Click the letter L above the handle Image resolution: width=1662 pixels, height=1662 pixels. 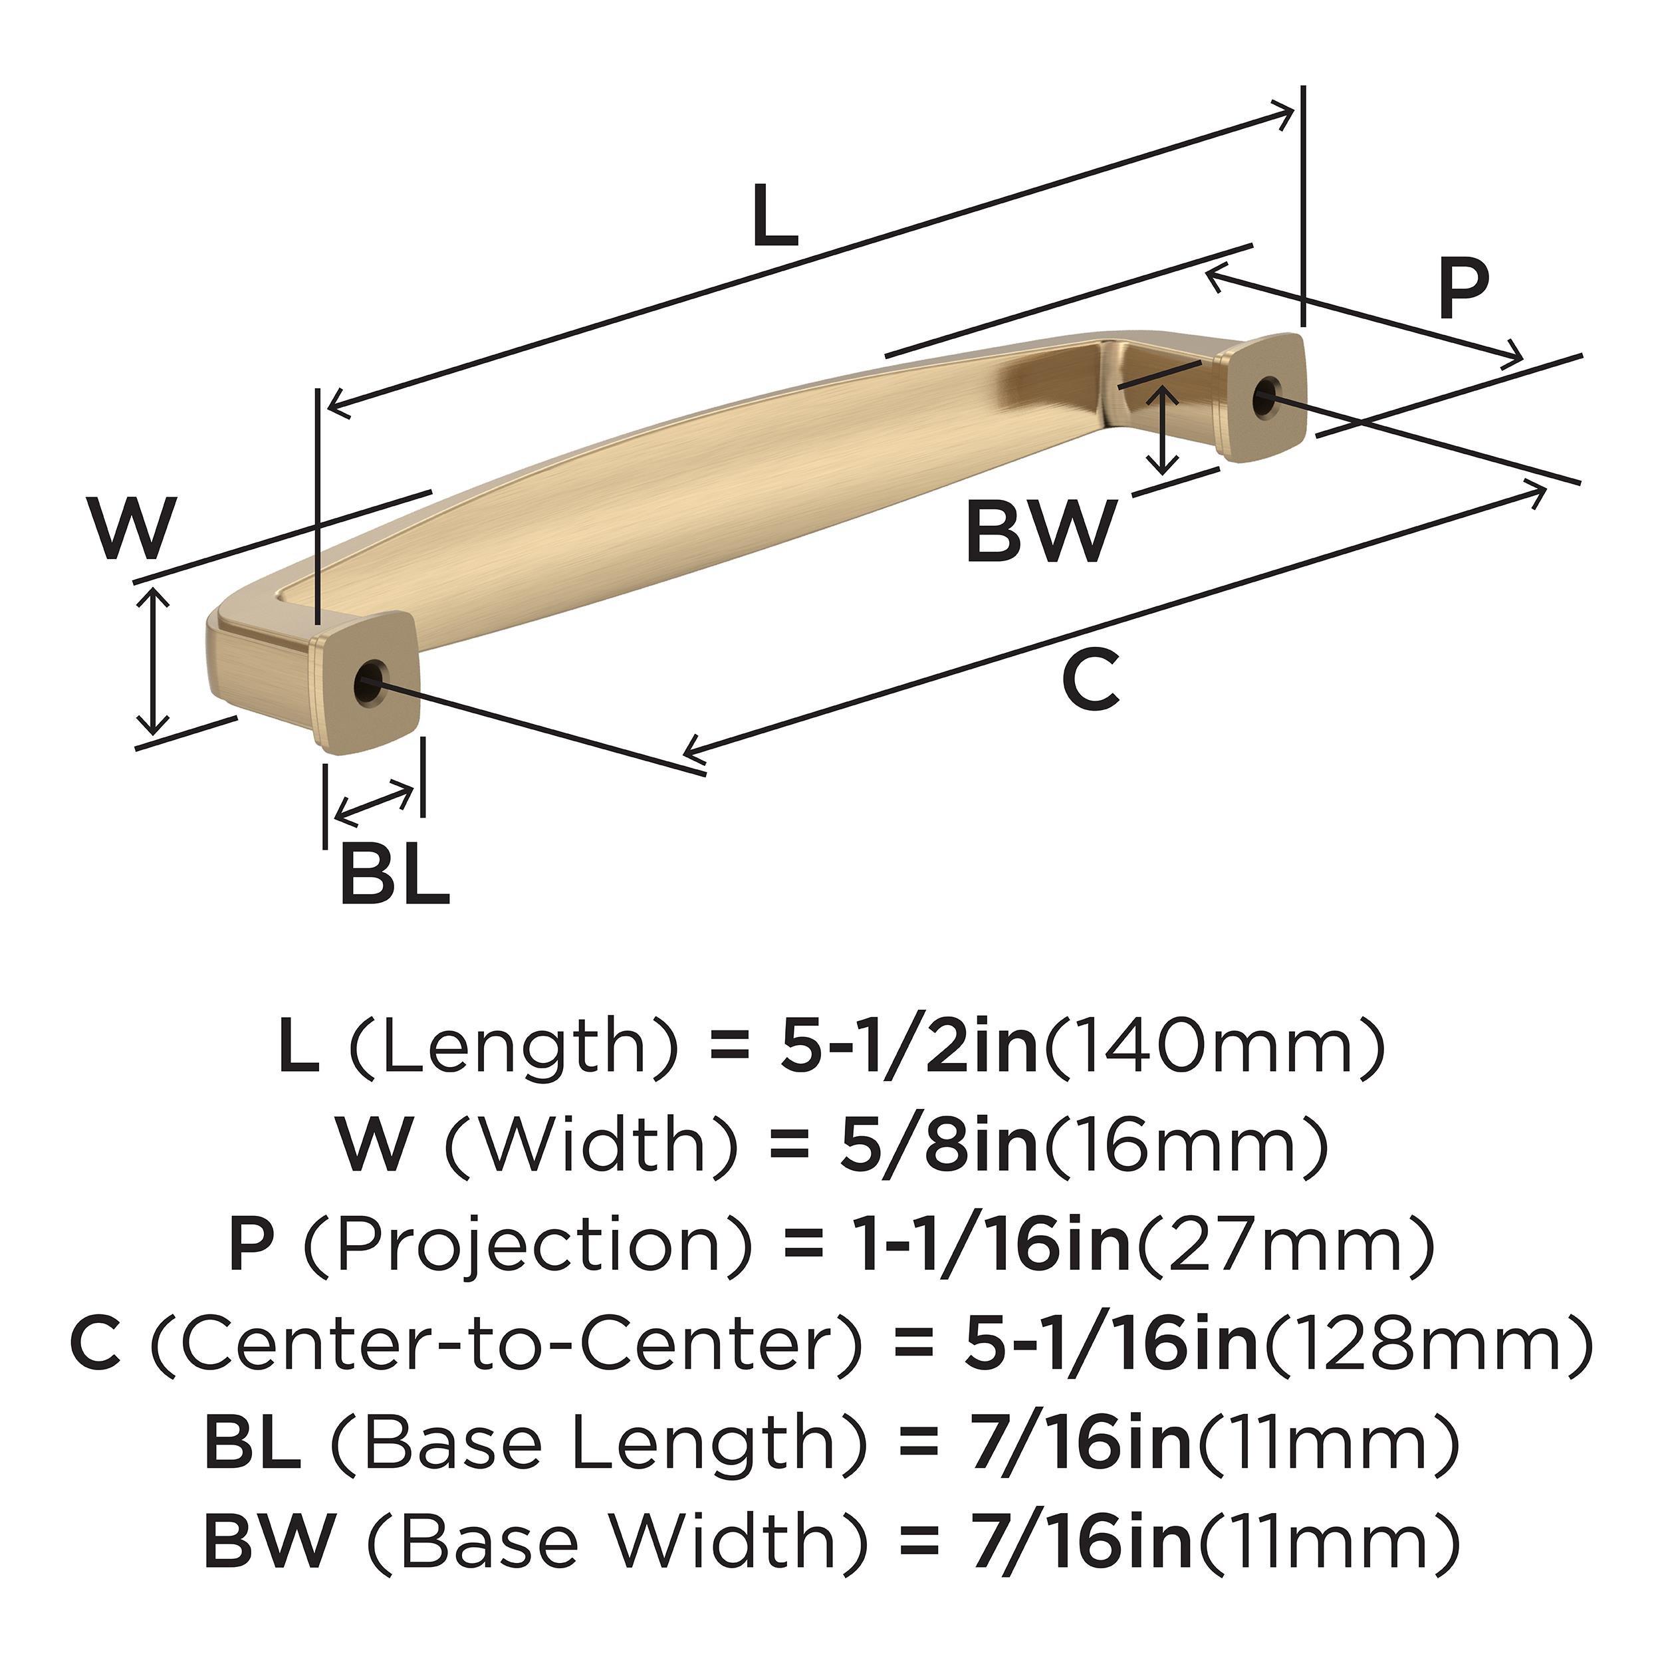[x=774, y=217]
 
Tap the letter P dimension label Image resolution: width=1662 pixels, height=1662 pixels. [x=1463, y=290]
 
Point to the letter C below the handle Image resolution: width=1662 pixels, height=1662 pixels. [x=1091, y=681]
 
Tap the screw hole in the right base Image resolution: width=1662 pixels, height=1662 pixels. [x=1264, y=397]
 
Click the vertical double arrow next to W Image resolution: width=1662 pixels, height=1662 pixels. [x=153, y=659]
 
